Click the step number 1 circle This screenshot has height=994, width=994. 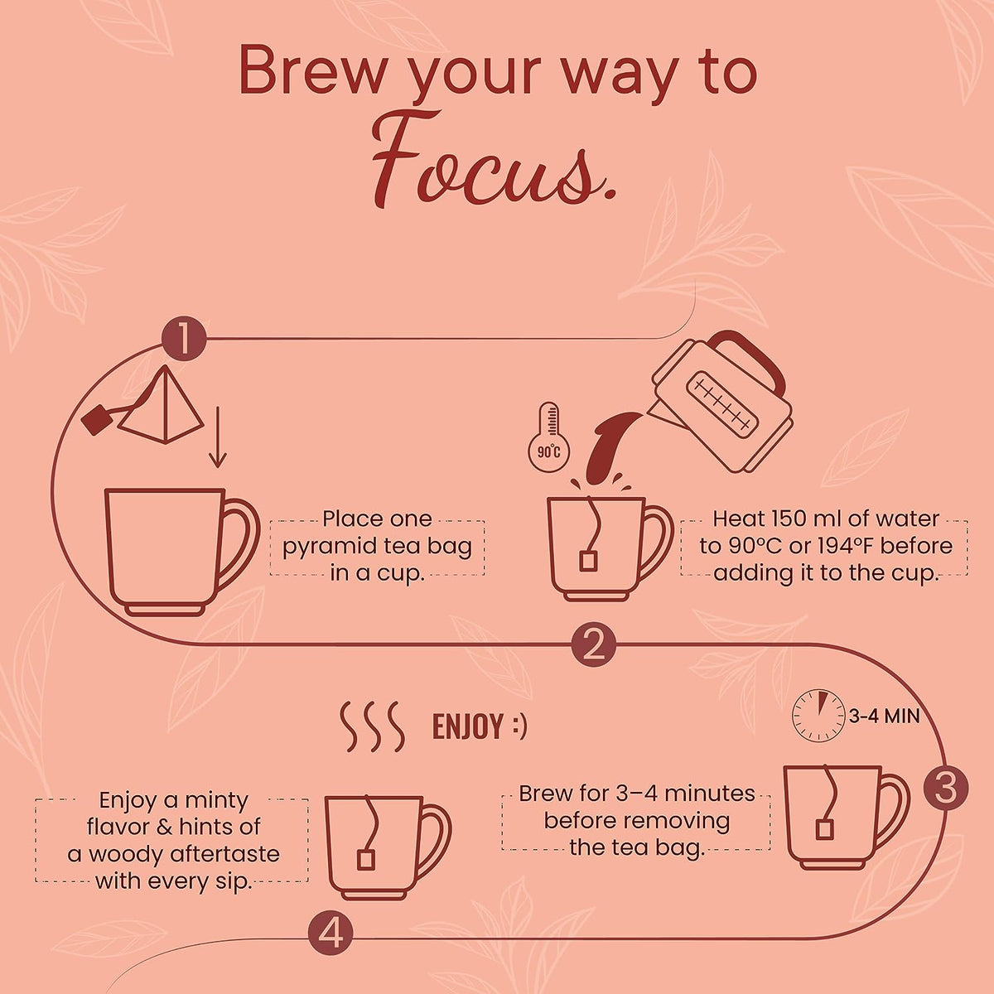click(x=184, y=339)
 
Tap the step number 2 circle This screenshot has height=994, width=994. click(x=593, y=644)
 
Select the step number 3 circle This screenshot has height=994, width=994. click(x=945, y=789)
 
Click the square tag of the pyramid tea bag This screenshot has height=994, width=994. click(x=95, y=420)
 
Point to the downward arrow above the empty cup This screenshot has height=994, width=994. click(x=218, y=437)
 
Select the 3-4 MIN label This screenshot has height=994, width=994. click(x=884, y=717)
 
